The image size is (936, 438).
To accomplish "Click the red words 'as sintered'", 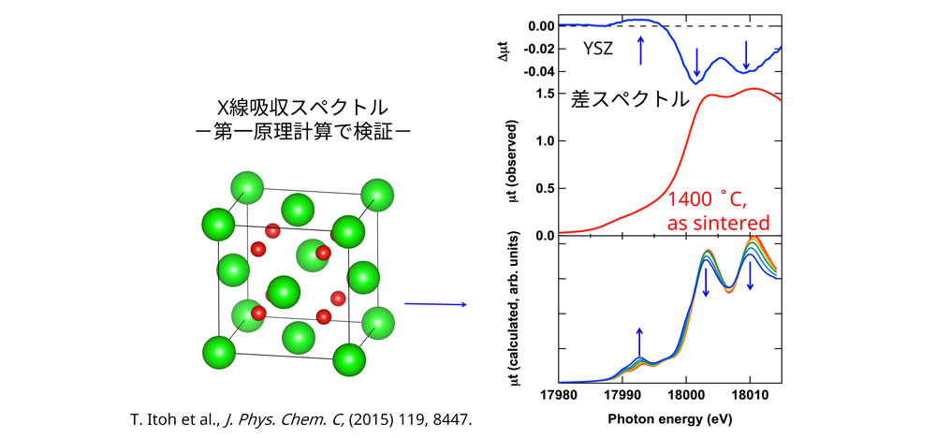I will click(x=718, y=224).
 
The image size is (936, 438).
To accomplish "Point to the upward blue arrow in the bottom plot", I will click(x=639, y=343).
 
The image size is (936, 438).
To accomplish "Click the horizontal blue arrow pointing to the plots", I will click(x=434, y=304).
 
